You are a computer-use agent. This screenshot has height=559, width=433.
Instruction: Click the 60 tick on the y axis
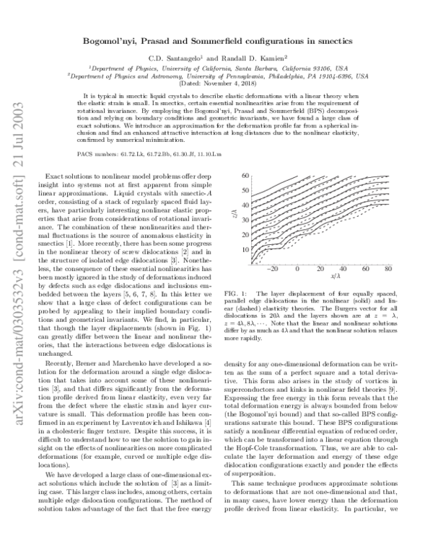coord(245,176)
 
